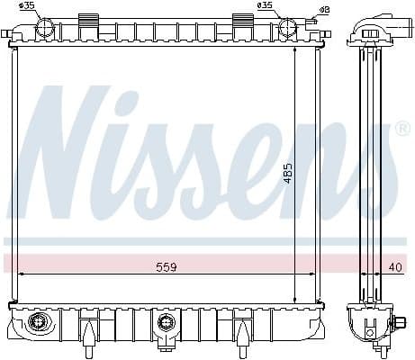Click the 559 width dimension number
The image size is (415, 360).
pyautogui.click(x=166, y=267)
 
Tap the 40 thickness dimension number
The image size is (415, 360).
pyautogui.click(x=396, y=267)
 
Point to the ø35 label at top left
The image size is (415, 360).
pyautogui.click(x=28, y=6)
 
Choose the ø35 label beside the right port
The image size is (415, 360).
pyautogui.click(x=266, y=6)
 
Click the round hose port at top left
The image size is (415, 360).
pyautogui.click(x=44, y=28)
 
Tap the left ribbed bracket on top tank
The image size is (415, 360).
pyautogui.click(x=89, y=20)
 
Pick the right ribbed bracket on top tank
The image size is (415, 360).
pyautogui.click(x=245, y=20)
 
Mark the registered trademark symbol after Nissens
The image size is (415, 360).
pyautogui.click(x=402, y=130)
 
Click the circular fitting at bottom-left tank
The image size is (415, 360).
pyautogui.click(x=38, y=322)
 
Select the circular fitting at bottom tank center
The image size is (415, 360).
pyautogui.click(x=166, y=322)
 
